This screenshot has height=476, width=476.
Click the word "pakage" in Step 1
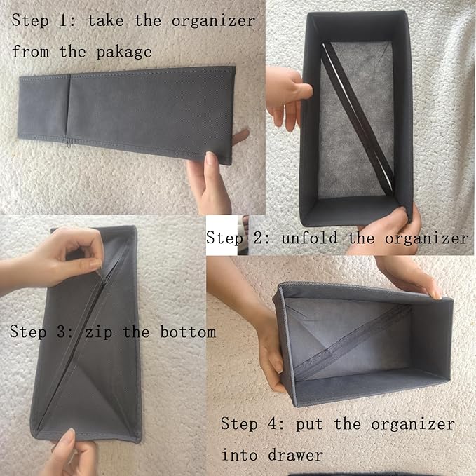point(124,53)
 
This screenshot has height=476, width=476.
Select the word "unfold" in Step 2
point(309,238)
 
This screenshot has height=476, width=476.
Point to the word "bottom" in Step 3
point(188,332)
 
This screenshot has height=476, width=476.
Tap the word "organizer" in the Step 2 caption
point(426,238)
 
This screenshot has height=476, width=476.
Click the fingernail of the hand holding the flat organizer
point(210,158)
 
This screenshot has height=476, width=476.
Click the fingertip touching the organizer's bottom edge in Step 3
point(69,435)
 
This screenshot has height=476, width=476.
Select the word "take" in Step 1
point(106,21)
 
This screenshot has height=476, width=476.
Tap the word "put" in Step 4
point(309,424)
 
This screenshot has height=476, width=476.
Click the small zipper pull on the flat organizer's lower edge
point(69,143)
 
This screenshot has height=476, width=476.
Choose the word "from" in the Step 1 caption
point(30,51)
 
